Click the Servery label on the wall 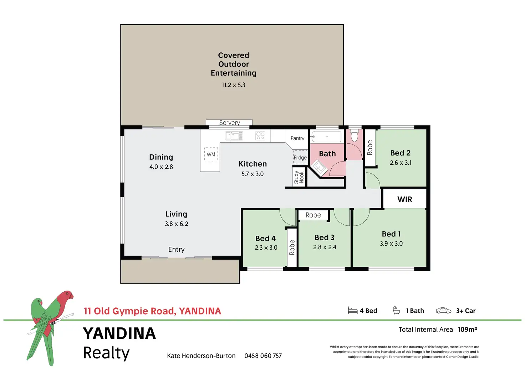229,123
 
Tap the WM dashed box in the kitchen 211,154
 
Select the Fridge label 300,158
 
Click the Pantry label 297,138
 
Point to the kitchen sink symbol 234,136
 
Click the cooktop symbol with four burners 260,136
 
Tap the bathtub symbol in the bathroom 326,137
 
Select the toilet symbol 354,136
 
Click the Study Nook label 299,177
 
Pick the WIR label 404,199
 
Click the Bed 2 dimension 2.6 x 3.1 401,163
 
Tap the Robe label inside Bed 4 292,247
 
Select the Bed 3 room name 324,237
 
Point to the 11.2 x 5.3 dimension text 234,85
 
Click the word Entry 176,249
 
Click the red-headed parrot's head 66,296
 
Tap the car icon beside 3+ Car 443,311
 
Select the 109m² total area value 467,329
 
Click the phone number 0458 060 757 263,356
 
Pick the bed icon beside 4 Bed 352,311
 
